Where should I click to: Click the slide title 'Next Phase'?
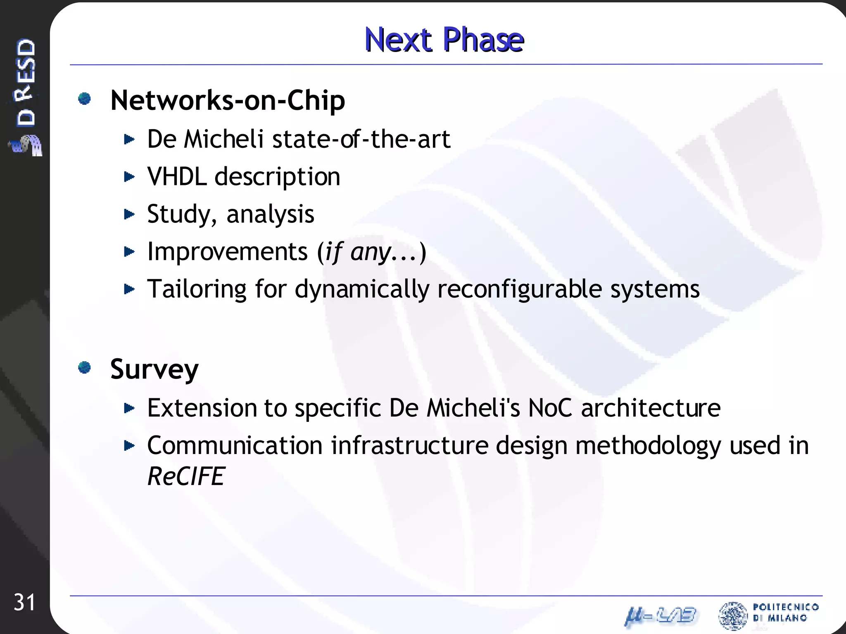[444, 40]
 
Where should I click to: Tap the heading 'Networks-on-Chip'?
[228, 100]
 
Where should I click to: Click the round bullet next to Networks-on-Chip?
[85, 99]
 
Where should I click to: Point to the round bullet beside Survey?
[85, 367]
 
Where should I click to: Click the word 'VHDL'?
[177, 177]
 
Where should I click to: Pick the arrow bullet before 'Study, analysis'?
[129, 214]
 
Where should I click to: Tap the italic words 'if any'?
[358, 252]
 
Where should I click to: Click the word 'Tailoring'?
[197, 289]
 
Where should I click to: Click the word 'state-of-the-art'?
[361, 139]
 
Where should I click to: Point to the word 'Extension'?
[202, 408]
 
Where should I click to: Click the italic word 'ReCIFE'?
[185, 476]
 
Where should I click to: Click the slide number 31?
[24, 603]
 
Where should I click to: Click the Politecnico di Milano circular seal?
[733, 615]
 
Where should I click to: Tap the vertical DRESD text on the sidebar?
[26, 83]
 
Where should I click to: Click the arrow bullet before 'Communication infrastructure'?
[129, 446]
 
